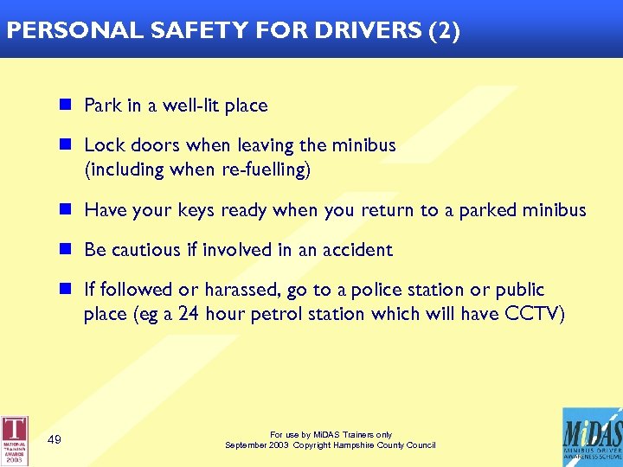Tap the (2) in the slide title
tap(444, 32)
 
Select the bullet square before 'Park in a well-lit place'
tap(65, 106)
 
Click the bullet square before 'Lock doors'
tap(65, 145)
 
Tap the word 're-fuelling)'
tap(267, 170)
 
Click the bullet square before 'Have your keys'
tap(65, 210)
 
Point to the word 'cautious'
tap(150, 250)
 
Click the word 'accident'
tap(357, 250)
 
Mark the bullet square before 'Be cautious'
tap(65, 250)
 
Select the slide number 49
tap(54, 440)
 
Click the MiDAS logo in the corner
tap(593, 437)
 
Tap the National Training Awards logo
tap(15, 440)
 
